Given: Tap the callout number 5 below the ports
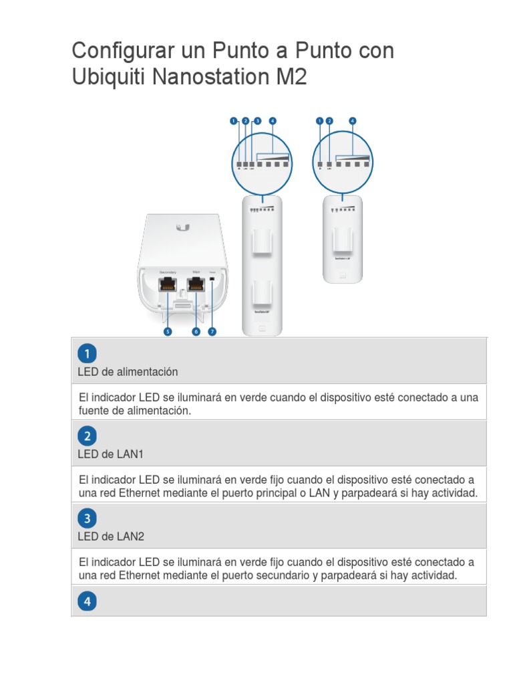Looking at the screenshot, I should pyautogui.click(x=168, y=331).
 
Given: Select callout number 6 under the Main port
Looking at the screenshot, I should pyautogui.click(x=196, y=331).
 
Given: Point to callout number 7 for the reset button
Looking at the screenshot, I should pyautogui.click(x=212, y=331).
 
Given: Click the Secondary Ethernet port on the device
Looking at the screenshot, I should pyautogui.click(x=167, y=284).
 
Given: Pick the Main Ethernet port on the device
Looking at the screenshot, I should pyautogui.click(x=196, y=284).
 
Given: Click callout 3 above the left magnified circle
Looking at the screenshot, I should pyautogui.click(x=257, y=121).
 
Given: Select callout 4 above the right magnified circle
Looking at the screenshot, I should pyautogui.click(x=353, y=121).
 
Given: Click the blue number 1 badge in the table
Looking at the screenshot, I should pyautogui.click(x=88, y=354).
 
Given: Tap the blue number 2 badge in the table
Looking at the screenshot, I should pyautogui.click(x=88, y=437).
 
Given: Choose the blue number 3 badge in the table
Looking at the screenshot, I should pyautogui.click(x=88, y=518).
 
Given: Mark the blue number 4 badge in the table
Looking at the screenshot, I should pyautogui.click(x=88, y=601).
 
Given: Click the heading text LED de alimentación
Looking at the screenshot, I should pyautogui.click(x=128, y=371).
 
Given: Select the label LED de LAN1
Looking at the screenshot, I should pyautogui.click(x=111, y=454).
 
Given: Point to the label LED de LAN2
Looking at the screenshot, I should pyautogui.click(x=111, y=536).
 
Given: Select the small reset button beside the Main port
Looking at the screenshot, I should pyautogui.click(x=212, y=279).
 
